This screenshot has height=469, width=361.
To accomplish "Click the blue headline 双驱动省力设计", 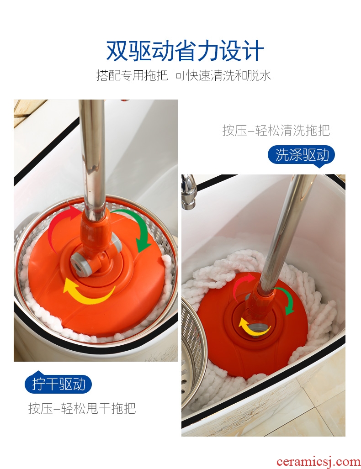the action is tap(185, 51).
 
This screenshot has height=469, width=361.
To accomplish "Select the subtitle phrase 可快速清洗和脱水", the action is tap(223, 75).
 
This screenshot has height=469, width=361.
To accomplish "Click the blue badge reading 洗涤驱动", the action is tap(301, 155).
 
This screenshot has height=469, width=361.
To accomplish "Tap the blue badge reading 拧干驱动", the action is tap(58, 384).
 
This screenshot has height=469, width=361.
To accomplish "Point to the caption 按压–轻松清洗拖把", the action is tap(276, 130).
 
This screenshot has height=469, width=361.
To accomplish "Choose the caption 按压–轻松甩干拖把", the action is tap(82, 408).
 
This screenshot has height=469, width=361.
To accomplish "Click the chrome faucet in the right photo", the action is tap(189, 192).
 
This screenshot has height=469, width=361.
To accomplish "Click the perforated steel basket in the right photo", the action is tap(193, 356).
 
